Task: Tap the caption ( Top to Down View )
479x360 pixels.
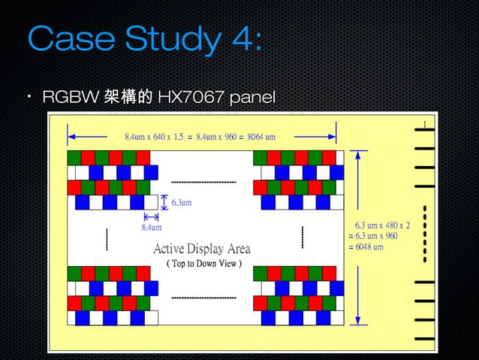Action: pos(203,264)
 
